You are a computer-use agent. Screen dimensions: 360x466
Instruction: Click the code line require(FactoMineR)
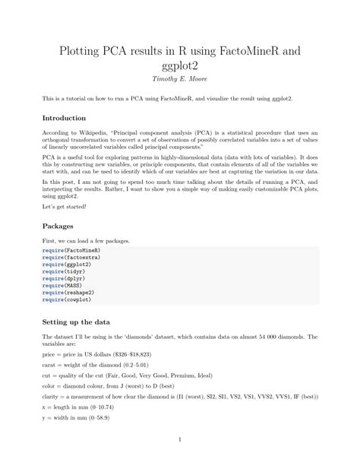pos(71,250)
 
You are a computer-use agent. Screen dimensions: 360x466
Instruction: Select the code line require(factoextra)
pos(71,257)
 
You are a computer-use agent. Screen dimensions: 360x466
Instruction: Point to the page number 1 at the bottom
pos(180,439)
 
